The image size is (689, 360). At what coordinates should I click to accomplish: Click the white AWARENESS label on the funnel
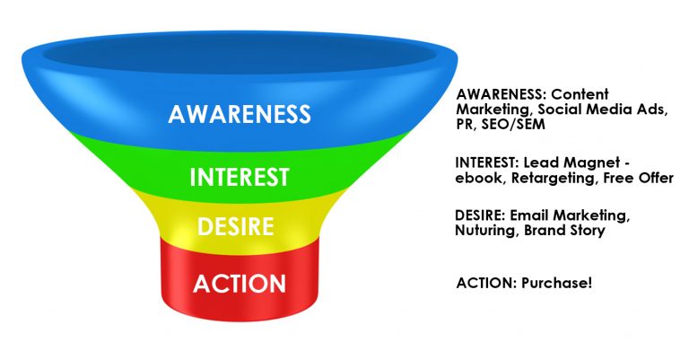(240, 113)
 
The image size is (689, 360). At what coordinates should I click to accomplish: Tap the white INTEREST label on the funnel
(240, 177)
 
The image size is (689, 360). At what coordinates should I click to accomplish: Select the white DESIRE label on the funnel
(236, 227)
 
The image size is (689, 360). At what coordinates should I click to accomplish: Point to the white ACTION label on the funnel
(240, 284)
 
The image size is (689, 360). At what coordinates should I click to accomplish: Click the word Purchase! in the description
(557, 283)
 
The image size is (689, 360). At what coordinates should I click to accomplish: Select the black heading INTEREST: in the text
(487, 162)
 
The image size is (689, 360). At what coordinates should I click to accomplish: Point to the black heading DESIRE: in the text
(480, 215)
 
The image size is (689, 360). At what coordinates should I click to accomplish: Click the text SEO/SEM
(513, 124)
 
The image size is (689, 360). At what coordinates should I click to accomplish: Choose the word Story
(588, 231)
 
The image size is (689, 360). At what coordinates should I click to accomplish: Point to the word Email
(529, 215)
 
